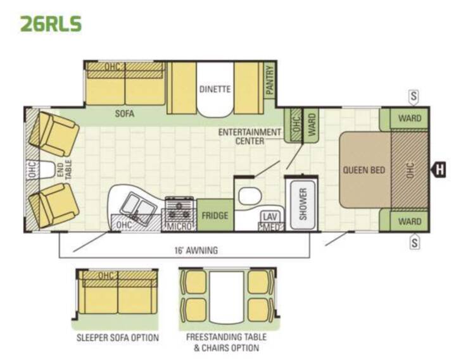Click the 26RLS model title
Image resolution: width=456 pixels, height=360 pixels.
click(51, 23)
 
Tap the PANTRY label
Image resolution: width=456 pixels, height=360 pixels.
click(270, 80)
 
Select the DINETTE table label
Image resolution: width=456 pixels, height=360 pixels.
click(215, 89)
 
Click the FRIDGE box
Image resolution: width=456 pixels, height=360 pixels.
click(215, 215)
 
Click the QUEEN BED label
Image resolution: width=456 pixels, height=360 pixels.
click(364, 170)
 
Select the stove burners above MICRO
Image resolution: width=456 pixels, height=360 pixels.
click(179, 209)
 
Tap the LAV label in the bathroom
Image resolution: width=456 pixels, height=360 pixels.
click(270, 217)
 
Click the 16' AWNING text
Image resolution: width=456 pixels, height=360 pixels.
click(196, 250)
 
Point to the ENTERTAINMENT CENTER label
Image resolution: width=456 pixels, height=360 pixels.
click(250, 137)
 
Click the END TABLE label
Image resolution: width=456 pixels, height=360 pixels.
click(64, 170)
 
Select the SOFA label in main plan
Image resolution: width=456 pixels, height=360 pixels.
click(125, 113)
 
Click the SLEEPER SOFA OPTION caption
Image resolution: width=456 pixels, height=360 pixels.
click(118, 338)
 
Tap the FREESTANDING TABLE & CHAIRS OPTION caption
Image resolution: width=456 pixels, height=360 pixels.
click(226, 342)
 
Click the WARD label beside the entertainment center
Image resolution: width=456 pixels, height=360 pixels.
click(312, 125)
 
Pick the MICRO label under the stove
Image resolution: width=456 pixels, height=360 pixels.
click(179, 227)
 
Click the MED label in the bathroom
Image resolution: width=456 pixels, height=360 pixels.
click(271, 227)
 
